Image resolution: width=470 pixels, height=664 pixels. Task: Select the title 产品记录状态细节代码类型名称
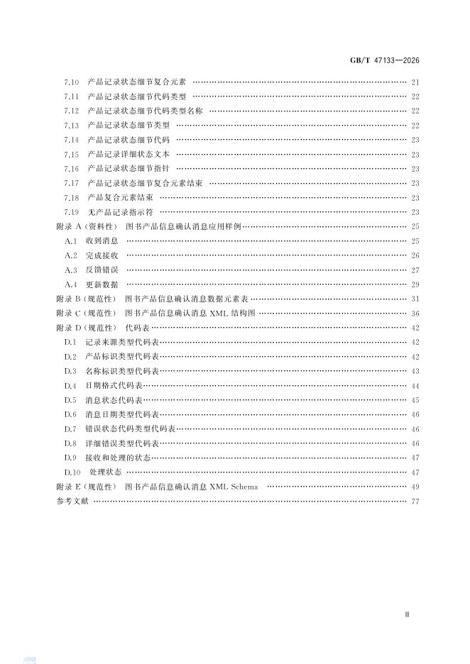coord(146,111)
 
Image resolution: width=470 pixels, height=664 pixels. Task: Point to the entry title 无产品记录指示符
coord(121,212)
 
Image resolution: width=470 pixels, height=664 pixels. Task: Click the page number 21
coord(415,82)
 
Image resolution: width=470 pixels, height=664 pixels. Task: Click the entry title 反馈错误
coord(106,270)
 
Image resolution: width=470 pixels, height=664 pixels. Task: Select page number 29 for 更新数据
coord(415,284)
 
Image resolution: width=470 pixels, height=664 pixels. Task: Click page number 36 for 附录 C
coord(415,314)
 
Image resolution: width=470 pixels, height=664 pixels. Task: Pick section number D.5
coord(70,400)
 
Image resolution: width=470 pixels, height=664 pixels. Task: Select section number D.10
coord(72,472)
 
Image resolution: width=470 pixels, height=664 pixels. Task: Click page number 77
coord(415,502)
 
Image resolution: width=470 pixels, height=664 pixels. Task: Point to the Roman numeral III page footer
coord(407,615)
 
